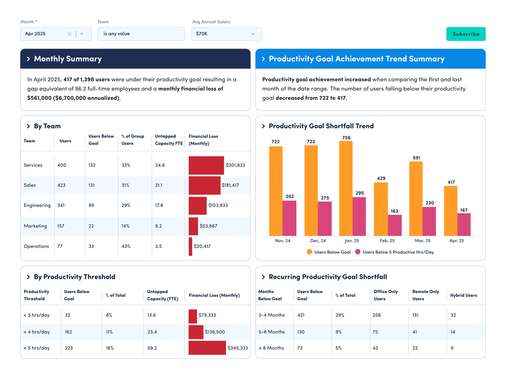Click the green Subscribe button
(x=466, y=34)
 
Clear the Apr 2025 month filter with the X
(x=70, y=34)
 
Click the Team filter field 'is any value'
(x=141, y=34)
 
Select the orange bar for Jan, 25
(x=346, y=188)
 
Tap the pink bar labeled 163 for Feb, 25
(x=394, y=225)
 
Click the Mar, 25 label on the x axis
(x=422, y=241)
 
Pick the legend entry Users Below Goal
(x=328, y=252)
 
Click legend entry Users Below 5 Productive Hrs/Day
(x=394, y=252)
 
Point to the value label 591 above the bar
(x=416, y=158)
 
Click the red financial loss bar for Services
(x=206, y=165)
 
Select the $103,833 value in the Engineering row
(x=218, y=206)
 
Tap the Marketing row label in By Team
(x=35, y=226)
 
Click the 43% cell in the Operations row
(x=126, y=246)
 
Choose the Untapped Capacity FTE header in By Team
(x=169, y=140)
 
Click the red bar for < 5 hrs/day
(x=207, y=348)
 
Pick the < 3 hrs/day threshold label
(x=36, y=315)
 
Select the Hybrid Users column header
(x=463, y=295)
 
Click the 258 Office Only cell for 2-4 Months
(x=377, y=315)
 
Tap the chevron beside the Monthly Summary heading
(x=28, y=59)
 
